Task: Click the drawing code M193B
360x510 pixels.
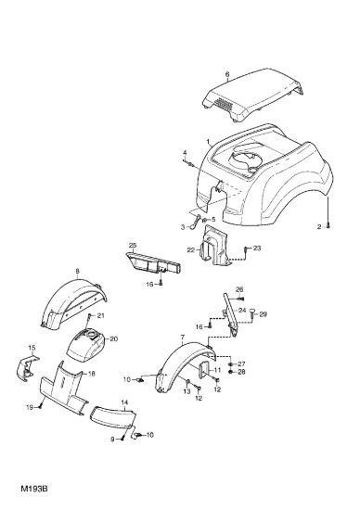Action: click(x=34, y=489)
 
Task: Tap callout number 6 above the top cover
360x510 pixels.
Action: click(x=227, y=74)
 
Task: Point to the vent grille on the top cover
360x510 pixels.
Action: click(x=225, y=104)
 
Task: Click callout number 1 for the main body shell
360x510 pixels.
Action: click(x=208, y=142)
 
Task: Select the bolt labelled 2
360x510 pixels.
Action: click(x=328, y=225)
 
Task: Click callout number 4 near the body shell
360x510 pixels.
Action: click(x=185, y=153)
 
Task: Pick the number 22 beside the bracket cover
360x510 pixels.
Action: click(x=191, y=249)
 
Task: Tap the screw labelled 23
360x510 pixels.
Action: click(x=245, y=249)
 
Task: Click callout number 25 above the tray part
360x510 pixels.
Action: click(x=133, y=245)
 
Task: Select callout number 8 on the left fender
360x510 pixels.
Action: click(x=77, y=271)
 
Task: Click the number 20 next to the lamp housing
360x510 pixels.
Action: click(x=113, y=338)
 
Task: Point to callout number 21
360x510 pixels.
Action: click(x=100, y=316)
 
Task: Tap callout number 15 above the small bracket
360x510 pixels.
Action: click(x=32, y=348)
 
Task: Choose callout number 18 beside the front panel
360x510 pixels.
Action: click(x=92, y=374)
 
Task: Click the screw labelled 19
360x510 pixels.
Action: click(x=41, y=405)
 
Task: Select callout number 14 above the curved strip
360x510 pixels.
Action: click(x=124, y=402)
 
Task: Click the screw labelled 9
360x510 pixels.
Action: click(x=122, y=438)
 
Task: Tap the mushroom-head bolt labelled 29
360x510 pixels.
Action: click(x=252, y=312)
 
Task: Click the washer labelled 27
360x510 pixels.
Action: click(x=231, y=364)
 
